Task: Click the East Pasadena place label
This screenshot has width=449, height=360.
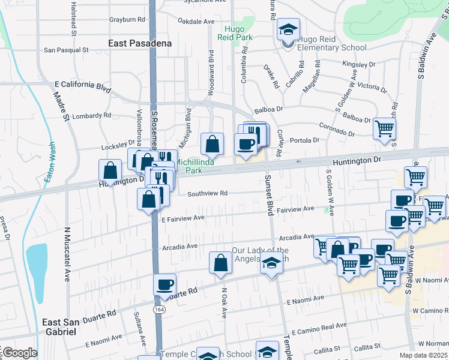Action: pos(140,43)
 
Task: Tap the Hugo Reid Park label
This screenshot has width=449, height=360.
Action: pos(238,32)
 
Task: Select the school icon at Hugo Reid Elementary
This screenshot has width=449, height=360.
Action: pos(288,29)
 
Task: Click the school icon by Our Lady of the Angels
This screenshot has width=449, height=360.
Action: pos(271,262)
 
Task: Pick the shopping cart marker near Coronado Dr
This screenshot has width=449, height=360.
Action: pos(384,128)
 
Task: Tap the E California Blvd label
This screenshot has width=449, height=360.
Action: pos(83,86)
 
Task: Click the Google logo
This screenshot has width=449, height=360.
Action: pos(19,353)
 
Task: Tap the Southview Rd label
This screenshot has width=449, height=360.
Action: pos(207,194)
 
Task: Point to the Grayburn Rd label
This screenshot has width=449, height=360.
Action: pos(127,19)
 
